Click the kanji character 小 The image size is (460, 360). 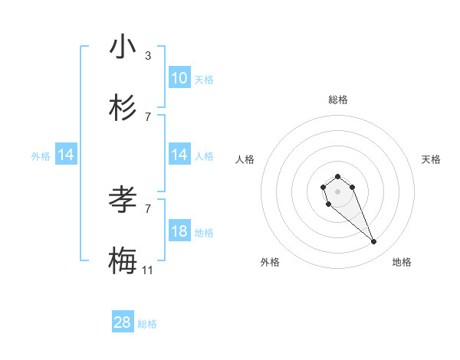point(123,47)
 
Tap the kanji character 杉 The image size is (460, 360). point(123,108)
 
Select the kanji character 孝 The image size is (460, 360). point(123,200)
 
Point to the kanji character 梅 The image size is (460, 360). point(123,261)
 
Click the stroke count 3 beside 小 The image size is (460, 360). point(148,55)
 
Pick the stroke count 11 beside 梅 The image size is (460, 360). point(148,270)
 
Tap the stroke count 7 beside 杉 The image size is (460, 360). point(148,116)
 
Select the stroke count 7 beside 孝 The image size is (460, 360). point(148,208)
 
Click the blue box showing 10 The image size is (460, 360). point(179,78)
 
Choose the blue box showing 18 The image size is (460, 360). point(179,231)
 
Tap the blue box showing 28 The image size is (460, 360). point(123,322)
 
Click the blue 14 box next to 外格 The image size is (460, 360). point(66,155)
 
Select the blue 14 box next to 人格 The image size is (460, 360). point(179,155)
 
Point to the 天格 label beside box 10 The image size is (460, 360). point(204,79)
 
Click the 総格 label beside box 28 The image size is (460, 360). point(147,324)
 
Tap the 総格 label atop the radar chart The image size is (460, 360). point(337,100)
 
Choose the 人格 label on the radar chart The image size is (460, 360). point(245,159)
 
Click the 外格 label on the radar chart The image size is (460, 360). point(270,262)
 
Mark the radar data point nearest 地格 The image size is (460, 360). point(374,242)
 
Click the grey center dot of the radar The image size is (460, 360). point(337,191)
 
